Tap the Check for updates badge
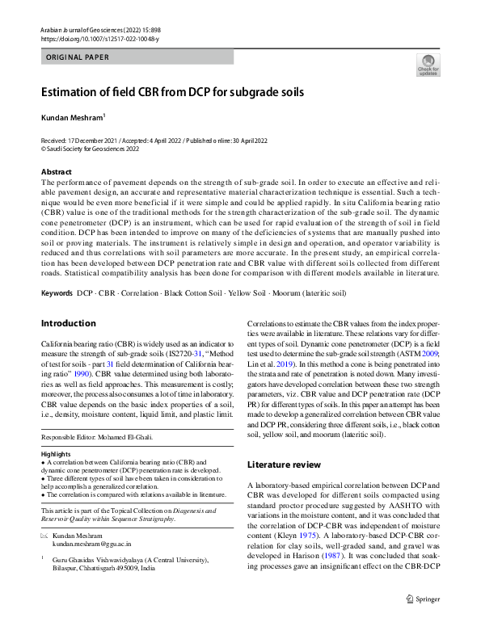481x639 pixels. click(427, 65)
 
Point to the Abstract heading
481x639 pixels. click(56, 172)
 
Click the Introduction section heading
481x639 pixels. click(68, 323)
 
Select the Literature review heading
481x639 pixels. click(284, 465)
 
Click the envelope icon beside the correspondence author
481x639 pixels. click(44, 535)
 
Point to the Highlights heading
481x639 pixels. click(56, 454)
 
